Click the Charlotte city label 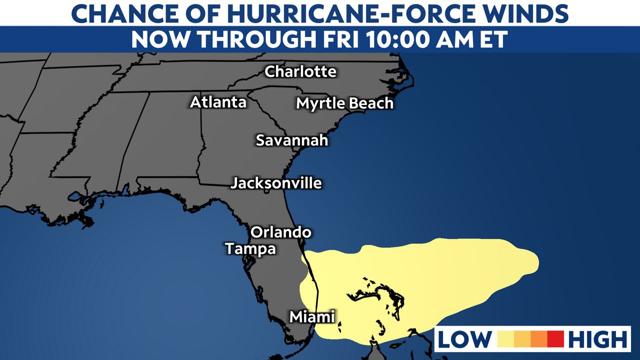point(300,72)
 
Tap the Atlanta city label point(218,102)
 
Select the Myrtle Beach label point(344,103)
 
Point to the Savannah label point(292,140)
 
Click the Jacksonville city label point(276,183)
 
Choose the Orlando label point(280,232)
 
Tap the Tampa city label point(250,248)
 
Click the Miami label point(312,317)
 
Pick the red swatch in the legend point(555,339)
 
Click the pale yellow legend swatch point(506,339)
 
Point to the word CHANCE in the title point(112,13)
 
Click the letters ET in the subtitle point(493,39)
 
